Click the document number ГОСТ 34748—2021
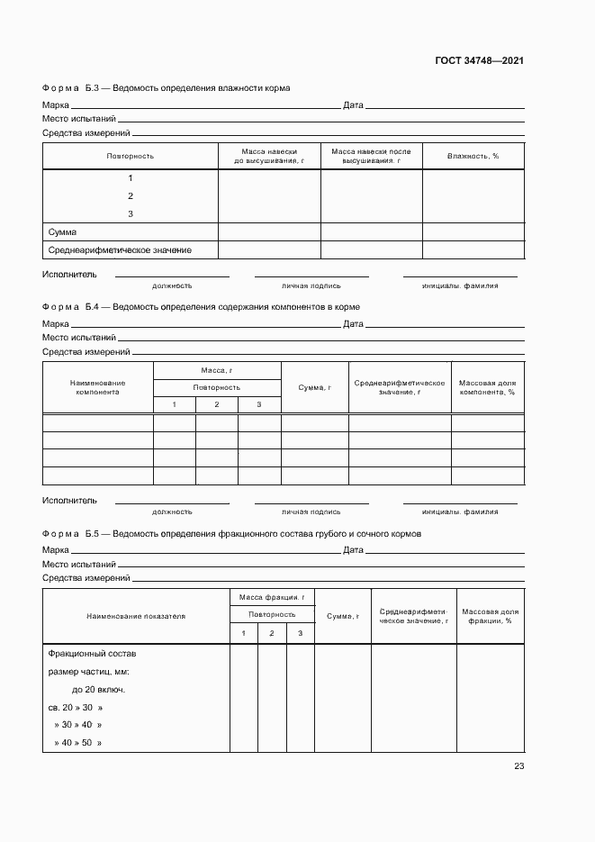tap(480, 61)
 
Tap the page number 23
tap(518, 766)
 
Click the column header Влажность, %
tap(473, 156)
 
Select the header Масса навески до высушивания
tap(269, 156)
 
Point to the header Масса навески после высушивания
tap(371, 156)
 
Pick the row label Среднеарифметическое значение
tap(119, 250)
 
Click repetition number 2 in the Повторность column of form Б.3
tap(131, 196)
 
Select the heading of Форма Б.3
tap(166, 88)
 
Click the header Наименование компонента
tap(97, 387)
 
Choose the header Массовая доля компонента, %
tap(487, 387)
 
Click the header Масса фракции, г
tap(272, 597)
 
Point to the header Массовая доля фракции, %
tap(490, 616)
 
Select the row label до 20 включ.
tap(98, 690)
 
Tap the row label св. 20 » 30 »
tap(76, 707)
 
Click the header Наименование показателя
tap(136, 616)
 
